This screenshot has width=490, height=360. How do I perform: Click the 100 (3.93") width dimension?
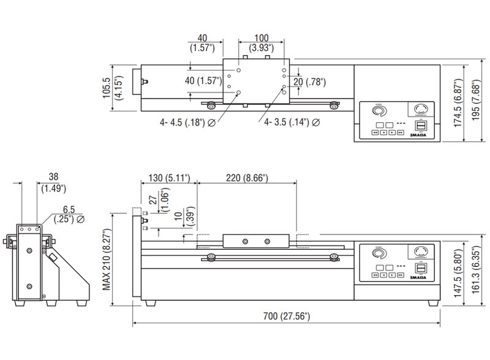tap(262, 42)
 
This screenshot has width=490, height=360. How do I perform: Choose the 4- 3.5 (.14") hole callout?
tap(291, 122)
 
